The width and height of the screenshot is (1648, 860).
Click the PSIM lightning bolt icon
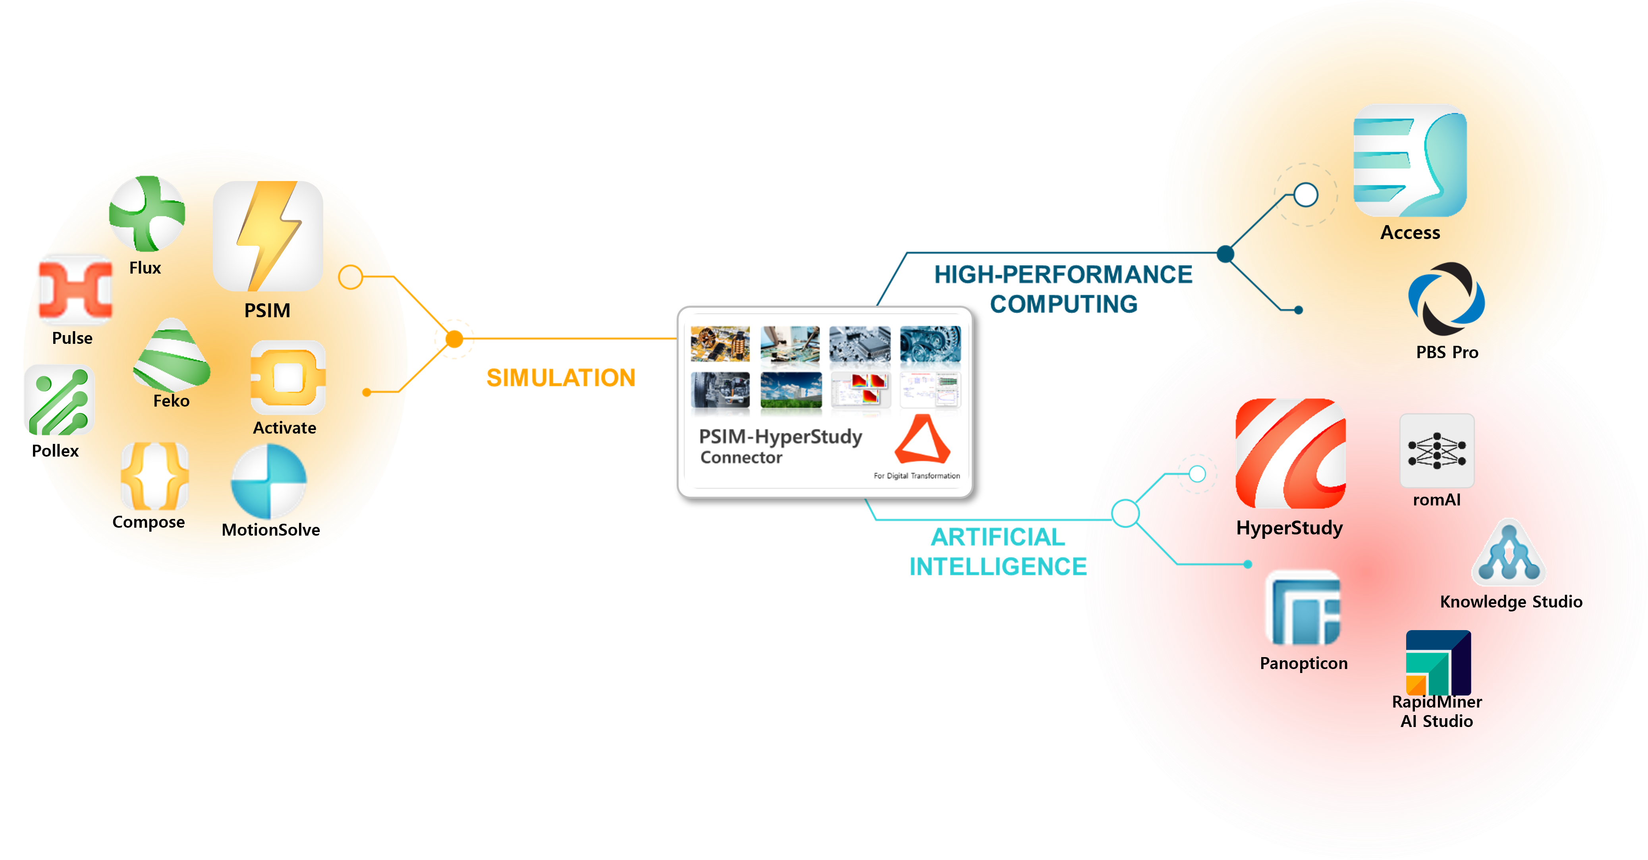click(268, 236)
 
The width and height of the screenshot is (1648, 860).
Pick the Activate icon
click(288, 378)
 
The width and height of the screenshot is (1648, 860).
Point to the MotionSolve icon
click(269, 481)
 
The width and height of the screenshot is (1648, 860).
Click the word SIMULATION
click(560, 378)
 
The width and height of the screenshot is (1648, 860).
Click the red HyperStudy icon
click(1290, 453)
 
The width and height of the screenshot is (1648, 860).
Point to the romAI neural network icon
click(1437, 451)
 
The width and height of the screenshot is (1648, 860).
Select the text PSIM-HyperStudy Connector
click(780, 446)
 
